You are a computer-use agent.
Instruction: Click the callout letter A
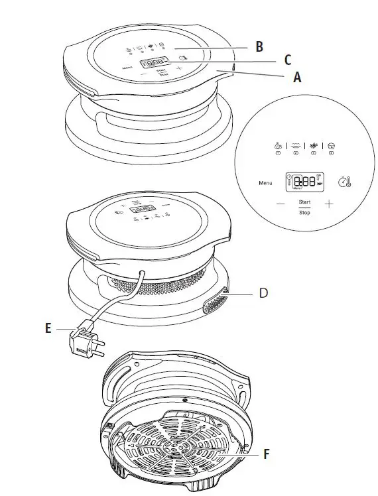298,77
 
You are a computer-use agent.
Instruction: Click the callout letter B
259,46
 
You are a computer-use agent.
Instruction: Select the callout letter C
287,60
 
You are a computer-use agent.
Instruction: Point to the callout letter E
48,328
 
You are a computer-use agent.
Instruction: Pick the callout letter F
267,454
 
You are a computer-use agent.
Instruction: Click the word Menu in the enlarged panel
266,182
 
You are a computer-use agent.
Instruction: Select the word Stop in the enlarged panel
304,212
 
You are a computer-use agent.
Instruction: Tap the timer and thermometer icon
344,181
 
